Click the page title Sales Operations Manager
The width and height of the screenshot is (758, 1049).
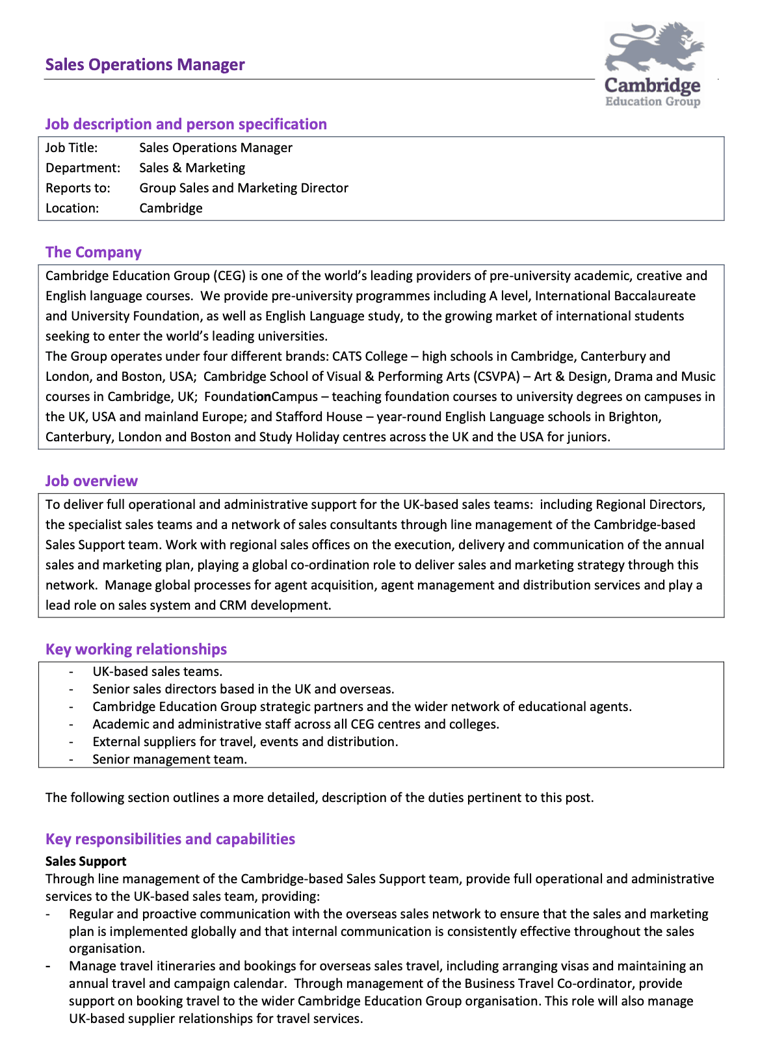click(145, 65)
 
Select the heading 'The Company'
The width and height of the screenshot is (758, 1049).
click(94, 252)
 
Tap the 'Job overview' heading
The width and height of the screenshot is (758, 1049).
click(92, 481)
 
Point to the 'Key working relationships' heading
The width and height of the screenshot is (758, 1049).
click(136, 649)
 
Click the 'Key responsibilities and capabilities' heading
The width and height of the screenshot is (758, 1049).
click(170, 839)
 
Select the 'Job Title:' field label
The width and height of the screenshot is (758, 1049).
click(72, 148)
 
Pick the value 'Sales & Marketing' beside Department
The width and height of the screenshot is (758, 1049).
click(192, 168)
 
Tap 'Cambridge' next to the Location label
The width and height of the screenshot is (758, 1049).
click(171, 208)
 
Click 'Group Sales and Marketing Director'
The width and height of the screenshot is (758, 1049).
click(244, 188)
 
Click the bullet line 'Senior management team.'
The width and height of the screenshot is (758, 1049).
click(170, 759)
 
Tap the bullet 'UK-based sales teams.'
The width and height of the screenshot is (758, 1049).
click(157, 671)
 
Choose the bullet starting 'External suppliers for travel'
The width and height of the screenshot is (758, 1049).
click(245, 742)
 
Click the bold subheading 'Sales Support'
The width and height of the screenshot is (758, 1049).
click(86, 861)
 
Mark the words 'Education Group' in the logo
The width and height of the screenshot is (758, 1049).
click(653, 101)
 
